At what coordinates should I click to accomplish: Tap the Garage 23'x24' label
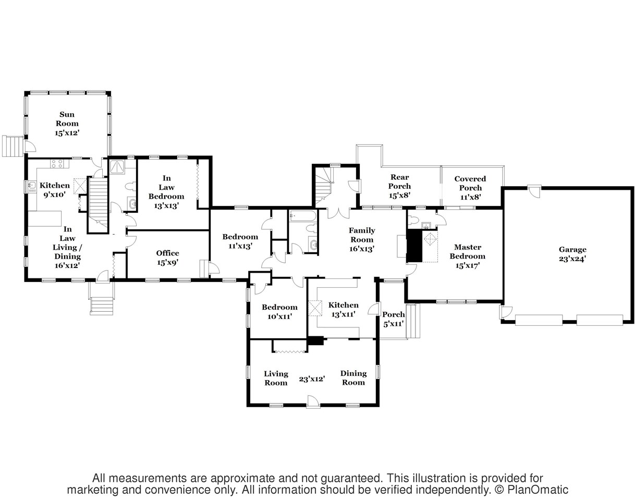(572, 254)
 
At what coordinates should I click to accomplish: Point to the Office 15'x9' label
(167, 258)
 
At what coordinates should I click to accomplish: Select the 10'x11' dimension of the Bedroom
(280, 316)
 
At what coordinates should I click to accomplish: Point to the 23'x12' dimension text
(312, 379)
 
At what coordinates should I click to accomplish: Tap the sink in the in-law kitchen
(31, 186)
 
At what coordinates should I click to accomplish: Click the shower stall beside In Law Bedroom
(117, 167)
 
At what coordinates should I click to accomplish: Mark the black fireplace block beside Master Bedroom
(414, 246)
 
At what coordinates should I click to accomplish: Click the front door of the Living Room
(313, 401)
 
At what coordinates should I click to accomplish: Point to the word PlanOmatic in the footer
(538, 490)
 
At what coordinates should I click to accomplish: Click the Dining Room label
(353, 378)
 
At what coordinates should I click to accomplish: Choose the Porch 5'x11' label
(393, 319)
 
